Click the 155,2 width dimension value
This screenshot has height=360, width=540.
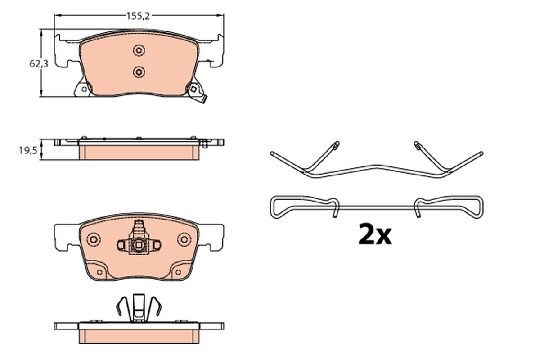[138, 16]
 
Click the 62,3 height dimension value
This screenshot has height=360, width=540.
[39, 64]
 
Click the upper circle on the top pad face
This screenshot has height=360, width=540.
[139, 50]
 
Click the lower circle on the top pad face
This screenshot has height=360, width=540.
[139, 72]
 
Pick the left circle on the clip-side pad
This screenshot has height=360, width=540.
[93, 239]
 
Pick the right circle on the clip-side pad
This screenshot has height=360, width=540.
[184, 239]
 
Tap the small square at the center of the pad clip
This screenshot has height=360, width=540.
[139, 246]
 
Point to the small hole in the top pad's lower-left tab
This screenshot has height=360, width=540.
[84, 90]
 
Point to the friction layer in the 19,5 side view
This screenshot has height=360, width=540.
[139, 152]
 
